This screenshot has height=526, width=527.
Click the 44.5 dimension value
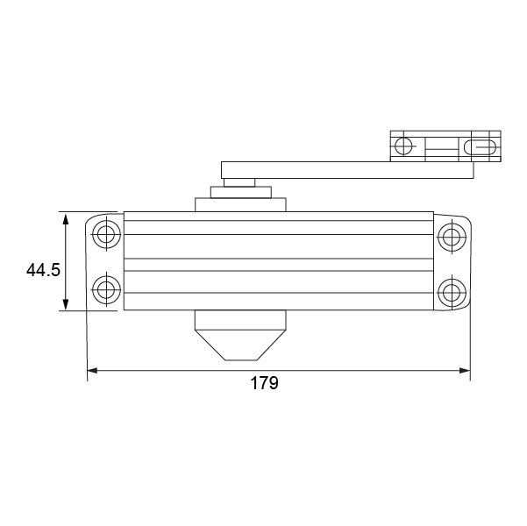[43, 269]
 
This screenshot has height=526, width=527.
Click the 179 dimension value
[264, 383]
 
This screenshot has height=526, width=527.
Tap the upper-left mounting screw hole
[107, 233]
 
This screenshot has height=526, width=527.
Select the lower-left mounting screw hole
[107, 289]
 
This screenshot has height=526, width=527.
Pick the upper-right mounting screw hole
[452, 237]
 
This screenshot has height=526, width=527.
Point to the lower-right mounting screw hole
[452, 293]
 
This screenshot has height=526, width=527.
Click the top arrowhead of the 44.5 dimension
[66, 218]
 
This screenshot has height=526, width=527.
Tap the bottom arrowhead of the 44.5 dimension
[66, 303]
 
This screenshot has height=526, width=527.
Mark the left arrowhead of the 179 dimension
[92, 370]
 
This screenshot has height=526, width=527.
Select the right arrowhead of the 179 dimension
[465, 370]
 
